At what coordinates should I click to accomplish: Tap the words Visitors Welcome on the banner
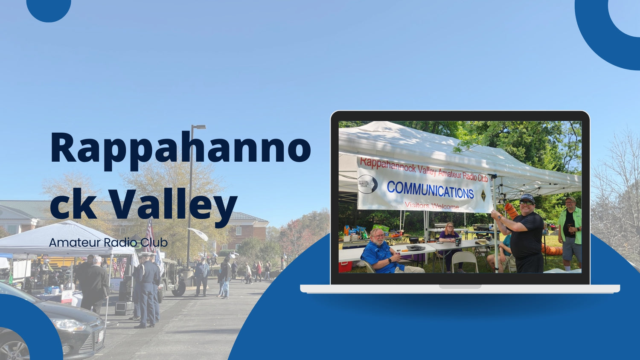click(x=432, y=206)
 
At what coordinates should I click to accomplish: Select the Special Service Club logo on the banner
click(x=367, y=184)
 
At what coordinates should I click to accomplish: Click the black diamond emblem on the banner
click(x=483, y=195)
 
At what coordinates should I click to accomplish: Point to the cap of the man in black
click(x=527, y=198)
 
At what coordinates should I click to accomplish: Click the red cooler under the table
click(x=345, y=267)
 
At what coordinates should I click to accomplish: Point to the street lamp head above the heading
click(x=199, y=127)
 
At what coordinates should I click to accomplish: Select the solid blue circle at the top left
click(x=49, y=8)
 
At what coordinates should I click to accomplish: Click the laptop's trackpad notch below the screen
click(x=460, y=287)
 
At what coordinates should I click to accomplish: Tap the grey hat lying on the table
click(x=416, y=247)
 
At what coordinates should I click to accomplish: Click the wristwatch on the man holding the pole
click(x=500, y=218)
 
